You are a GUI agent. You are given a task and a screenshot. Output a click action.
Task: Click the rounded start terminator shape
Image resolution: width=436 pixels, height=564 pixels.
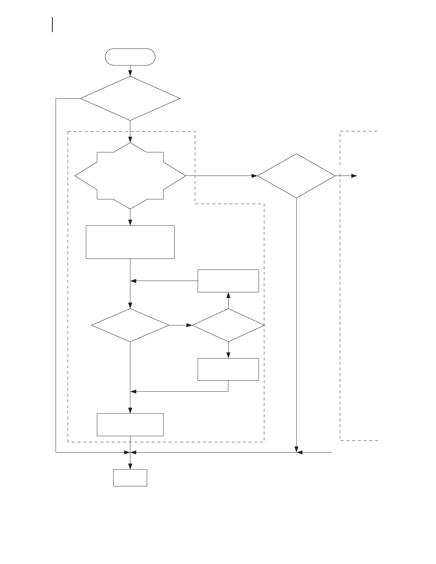130,57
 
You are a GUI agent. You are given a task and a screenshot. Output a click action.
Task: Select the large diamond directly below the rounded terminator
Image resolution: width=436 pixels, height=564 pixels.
130,98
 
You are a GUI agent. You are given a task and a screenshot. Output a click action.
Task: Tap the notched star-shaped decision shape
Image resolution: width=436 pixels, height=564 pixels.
130,176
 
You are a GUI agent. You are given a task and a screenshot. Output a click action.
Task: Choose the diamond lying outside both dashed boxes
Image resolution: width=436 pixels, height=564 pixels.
296,176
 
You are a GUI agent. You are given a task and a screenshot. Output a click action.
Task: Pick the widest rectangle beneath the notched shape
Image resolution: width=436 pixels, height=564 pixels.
130,242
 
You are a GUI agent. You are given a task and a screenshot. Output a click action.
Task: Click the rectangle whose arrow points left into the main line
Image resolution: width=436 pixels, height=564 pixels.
228,281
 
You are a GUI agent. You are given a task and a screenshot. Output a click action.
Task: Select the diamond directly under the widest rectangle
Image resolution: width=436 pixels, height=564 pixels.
130,325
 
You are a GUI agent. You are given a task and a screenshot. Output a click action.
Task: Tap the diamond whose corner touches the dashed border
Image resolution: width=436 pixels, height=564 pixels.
228,325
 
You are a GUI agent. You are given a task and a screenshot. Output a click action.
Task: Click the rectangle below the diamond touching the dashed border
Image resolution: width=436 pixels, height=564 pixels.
228,369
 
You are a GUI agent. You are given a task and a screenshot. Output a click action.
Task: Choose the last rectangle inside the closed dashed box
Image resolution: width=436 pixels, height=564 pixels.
130,424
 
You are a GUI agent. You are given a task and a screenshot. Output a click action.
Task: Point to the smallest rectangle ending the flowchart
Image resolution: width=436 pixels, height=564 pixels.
130,477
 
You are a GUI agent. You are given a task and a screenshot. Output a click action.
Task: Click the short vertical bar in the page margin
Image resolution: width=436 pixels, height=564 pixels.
53,24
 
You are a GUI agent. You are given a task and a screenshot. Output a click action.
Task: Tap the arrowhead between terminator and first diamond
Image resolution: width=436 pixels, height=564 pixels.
130,73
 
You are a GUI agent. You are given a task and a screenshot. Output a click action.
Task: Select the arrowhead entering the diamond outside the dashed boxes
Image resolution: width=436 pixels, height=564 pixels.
254,176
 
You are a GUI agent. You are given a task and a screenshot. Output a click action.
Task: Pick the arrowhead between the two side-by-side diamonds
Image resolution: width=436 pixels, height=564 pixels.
189,325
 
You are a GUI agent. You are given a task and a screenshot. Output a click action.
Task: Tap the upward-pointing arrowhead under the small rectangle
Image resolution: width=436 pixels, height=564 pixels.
228,295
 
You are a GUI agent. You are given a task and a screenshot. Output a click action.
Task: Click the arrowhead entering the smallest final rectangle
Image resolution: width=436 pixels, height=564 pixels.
130,466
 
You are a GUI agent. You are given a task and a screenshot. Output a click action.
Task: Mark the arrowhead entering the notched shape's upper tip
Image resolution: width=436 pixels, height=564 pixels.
130,140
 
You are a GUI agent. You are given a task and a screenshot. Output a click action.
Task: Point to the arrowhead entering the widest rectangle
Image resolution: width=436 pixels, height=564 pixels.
130,223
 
